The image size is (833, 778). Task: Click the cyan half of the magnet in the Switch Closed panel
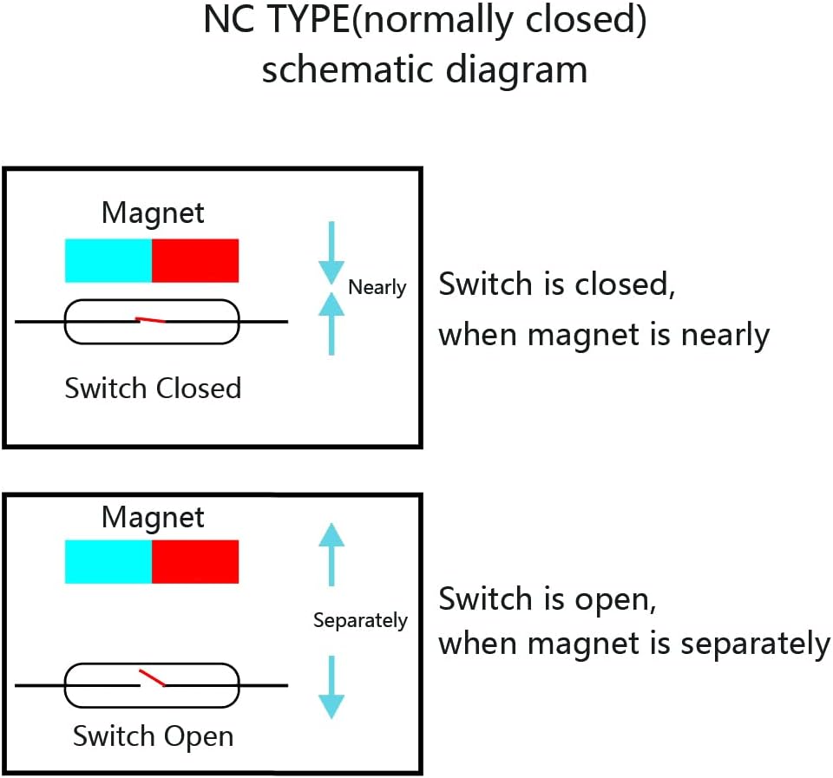tap(108, 260)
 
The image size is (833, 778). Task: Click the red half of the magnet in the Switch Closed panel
tap(195, 260)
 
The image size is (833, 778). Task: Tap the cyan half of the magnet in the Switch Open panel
tap(108, 561)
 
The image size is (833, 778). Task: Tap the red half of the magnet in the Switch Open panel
tap(195, 561)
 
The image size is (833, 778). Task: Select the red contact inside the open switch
tap(153, 677)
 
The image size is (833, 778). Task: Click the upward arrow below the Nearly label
tap(331, 322)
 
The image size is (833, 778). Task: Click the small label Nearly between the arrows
tap(377, 287)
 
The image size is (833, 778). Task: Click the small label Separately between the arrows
tap(360, 620)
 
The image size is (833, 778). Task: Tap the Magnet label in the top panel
tap(153, 212)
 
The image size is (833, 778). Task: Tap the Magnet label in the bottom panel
tap(153, 517)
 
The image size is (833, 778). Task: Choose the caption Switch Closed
tap(153, 388)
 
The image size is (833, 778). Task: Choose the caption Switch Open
tap(153, 736)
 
